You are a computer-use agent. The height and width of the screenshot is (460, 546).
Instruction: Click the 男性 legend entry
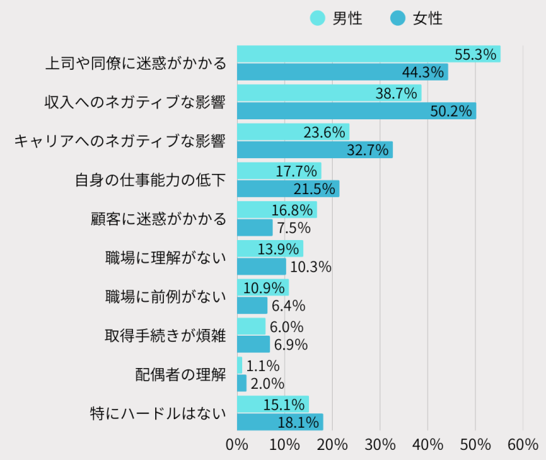click(336, 19)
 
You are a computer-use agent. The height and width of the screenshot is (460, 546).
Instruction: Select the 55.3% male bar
click(368, 54)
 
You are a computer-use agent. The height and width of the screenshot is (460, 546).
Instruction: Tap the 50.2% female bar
click(356, 111)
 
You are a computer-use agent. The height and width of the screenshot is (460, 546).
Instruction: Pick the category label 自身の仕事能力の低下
click(150, 180)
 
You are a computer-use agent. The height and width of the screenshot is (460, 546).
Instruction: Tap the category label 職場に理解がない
click(165, 257)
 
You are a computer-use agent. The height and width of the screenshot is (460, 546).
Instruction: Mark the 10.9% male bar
click(262, 287)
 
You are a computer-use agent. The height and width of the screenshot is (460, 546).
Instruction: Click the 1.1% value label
click(262, 365)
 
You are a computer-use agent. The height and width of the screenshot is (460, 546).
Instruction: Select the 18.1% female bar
click(279, 422)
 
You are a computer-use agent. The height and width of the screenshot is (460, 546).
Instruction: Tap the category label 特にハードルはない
click(158, 413)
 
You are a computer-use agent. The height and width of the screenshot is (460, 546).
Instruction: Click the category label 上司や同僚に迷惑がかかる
click(135, 63)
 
